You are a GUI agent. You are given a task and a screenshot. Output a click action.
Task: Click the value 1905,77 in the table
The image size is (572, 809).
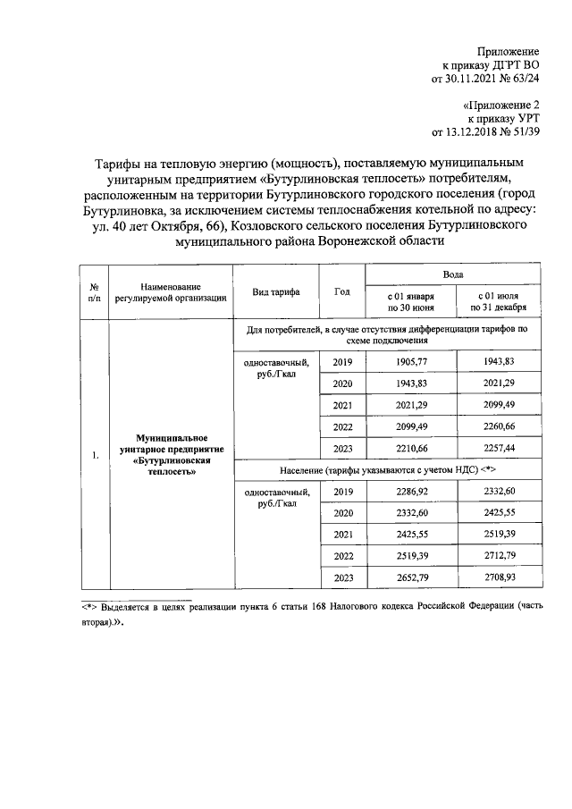click(x=411, y=362)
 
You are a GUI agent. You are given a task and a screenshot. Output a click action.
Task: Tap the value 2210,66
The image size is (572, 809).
click(x=411, y=447)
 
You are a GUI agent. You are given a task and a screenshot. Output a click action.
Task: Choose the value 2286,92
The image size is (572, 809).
click(x=411, y=492)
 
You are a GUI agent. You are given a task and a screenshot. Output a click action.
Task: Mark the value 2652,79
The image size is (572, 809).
click(x=411, y=577)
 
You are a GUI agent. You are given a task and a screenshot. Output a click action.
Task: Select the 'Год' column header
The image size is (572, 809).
click(x=342, y=291)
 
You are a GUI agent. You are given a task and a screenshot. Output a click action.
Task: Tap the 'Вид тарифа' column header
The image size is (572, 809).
click(x=276, y=292)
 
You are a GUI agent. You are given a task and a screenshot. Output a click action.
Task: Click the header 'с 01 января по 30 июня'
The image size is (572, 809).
click(x=411, y=300)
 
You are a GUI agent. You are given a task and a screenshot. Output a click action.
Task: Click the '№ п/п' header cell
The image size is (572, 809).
click(x=94, y=292)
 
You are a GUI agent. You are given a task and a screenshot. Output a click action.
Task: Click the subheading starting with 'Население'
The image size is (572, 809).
click(x=387, y=468)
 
